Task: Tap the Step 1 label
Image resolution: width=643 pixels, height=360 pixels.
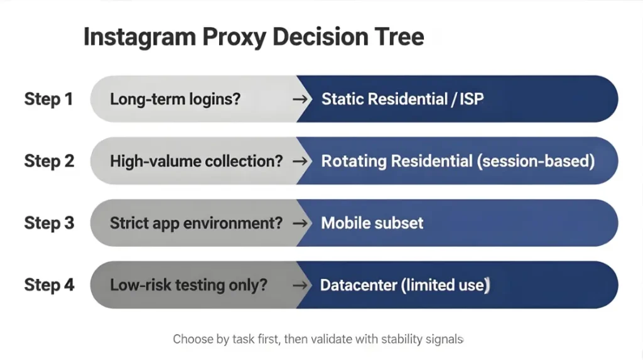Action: tap(49, 99)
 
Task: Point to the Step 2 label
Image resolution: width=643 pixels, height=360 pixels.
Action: tap(49, 161)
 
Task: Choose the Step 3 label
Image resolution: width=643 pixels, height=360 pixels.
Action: tap(49, 223)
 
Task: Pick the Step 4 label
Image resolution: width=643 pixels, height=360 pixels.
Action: tap(49, 285)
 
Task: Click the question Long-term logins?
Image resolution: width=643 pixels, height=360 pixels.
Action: tap(175, 99)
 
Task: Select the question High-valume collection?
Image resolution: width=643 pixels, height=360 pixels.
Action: tap(197, 161)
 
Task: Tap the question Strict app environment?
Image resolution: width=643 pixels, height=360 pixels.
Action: tap(196, 223)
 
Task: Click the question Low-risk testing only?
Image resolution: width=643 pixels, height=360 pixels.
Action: tap(188, 285)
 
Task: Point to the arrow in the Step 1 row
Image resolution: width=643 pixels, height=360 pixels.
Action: tap(301, 99)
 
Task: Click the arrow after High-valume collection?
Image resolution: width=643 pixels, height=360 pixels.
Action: tap(301, 161)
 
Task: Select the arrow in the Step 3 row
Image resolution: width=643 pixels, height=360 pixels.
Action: tap(301, 223)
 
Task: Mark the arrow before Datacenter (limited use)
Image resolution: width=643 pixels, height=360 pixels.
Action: tap(301, 285)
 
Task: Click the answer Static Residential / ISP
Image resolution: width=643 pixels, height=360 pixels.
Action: tap(403, 99)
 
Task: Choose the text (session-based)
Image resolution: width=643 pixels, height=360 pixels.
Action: tap(536, 161)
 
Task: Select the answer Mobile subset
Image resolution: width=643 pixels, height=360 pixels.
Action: tap(372, 223)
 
